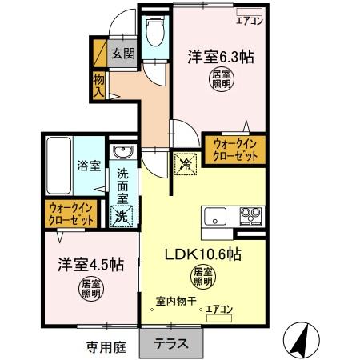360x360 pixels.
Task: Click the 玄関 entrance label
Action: coord(122,54)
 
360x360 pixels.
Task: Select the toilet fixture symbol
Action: coord(154,33)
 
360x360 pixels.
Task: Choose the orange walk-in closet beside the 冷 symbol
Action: coord(235,150)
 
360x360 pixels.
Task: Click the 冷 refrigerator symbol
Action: coord(184,162)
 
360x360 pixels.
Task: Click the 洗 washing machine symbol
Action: coord(122,214)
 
